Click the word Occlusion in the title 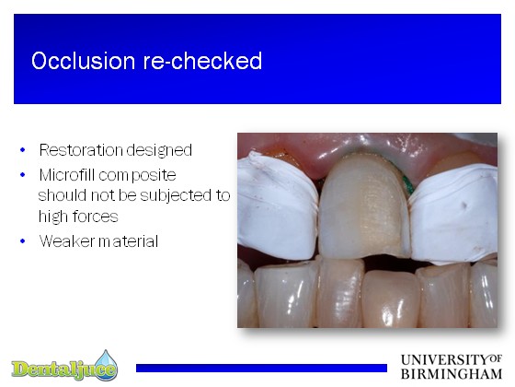tap(84, 61)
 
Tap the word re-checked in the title tap(202, 61)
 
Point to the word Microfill tap(67, 175)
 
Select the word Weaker tap(67, 241)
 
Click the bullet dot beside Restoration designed tap(23, 150)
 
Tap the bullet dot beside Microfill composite tap(23, 175)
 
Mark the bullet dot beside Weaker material tap(23, 241)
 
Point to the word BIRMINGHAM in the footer tap(452, 374)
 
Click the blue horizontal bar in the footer tap(261, 368)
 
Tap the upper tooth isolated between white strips tap(363, 207)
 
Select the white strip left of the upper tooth tap(278, 207)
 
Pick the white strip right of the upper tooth tap(455, 214)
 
